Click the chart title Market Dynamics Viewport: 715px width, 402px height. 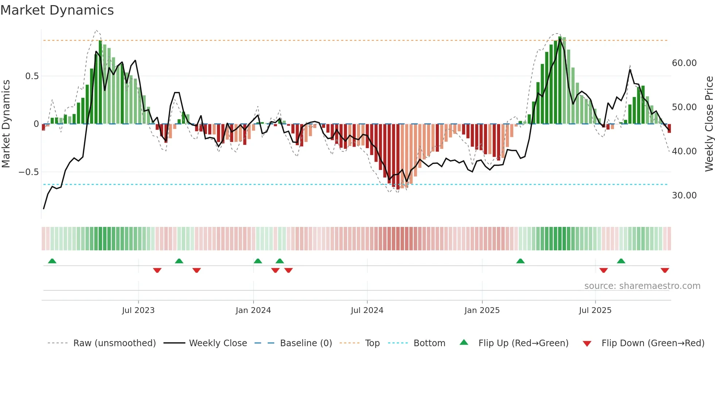coord(57,10)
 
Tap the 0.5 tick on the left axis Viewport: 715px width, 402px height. coord(32,76)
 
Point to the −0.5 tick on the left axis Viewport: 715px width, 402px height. coord(29,172)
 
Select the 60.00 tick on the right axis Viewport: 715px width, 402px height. coord(684,63)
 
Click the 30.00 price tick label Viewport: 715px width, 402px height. coord(684,196)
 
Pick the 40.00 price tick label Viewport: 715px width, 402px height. coord(684,151)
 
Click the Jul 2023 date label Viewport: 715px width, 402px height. coord(138,310)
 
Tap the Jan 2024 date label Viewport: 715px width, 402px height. coord(253,310)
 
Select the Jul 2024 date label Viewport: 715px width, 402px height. coord(367,310)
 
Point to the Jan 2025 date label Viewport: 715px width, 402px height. coord(482,310)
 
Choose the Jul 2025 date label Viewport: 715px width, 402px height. coord(595,310)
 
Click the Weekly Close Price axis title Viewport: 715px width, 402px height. coord(709,124)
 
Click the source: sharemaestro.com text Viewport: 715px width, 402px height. coord(642,286)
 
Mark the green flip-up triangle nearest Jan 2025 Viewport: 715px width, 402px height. coord(520,261)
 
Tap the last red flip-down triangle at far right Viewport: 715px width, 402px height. coord(665,270)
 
